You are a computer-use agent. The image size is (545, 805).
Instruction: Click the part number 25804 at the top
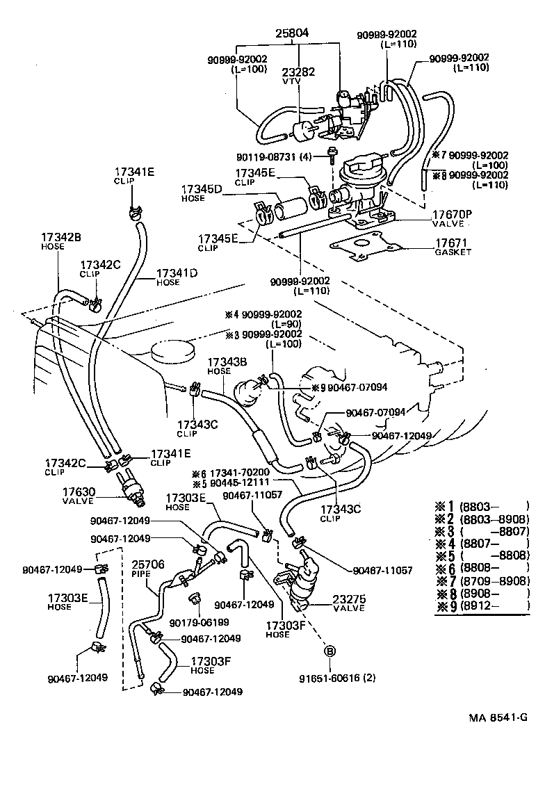(292, 33)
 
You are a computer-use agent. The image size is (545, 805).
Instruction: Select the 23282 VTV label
(299, 76)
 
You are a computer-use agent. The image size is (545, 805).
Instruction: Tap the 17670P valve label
(453, 216)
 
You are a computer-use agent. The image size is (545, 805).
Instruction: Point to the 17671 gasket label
(453, 247)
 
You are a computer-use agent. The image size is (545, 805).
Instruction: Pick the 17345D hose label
(203, 193)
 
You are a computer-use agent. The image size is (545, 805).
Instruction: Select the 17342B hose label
(60, 241)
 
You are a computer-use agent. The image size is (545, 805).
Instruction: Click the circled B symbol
(330, 651)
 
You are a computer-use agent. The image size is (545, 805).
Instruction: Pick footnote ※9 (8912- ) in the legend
(482, 605)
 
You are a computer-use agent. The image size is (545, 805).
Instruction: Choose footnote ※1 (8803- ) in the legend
(482, 505)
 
